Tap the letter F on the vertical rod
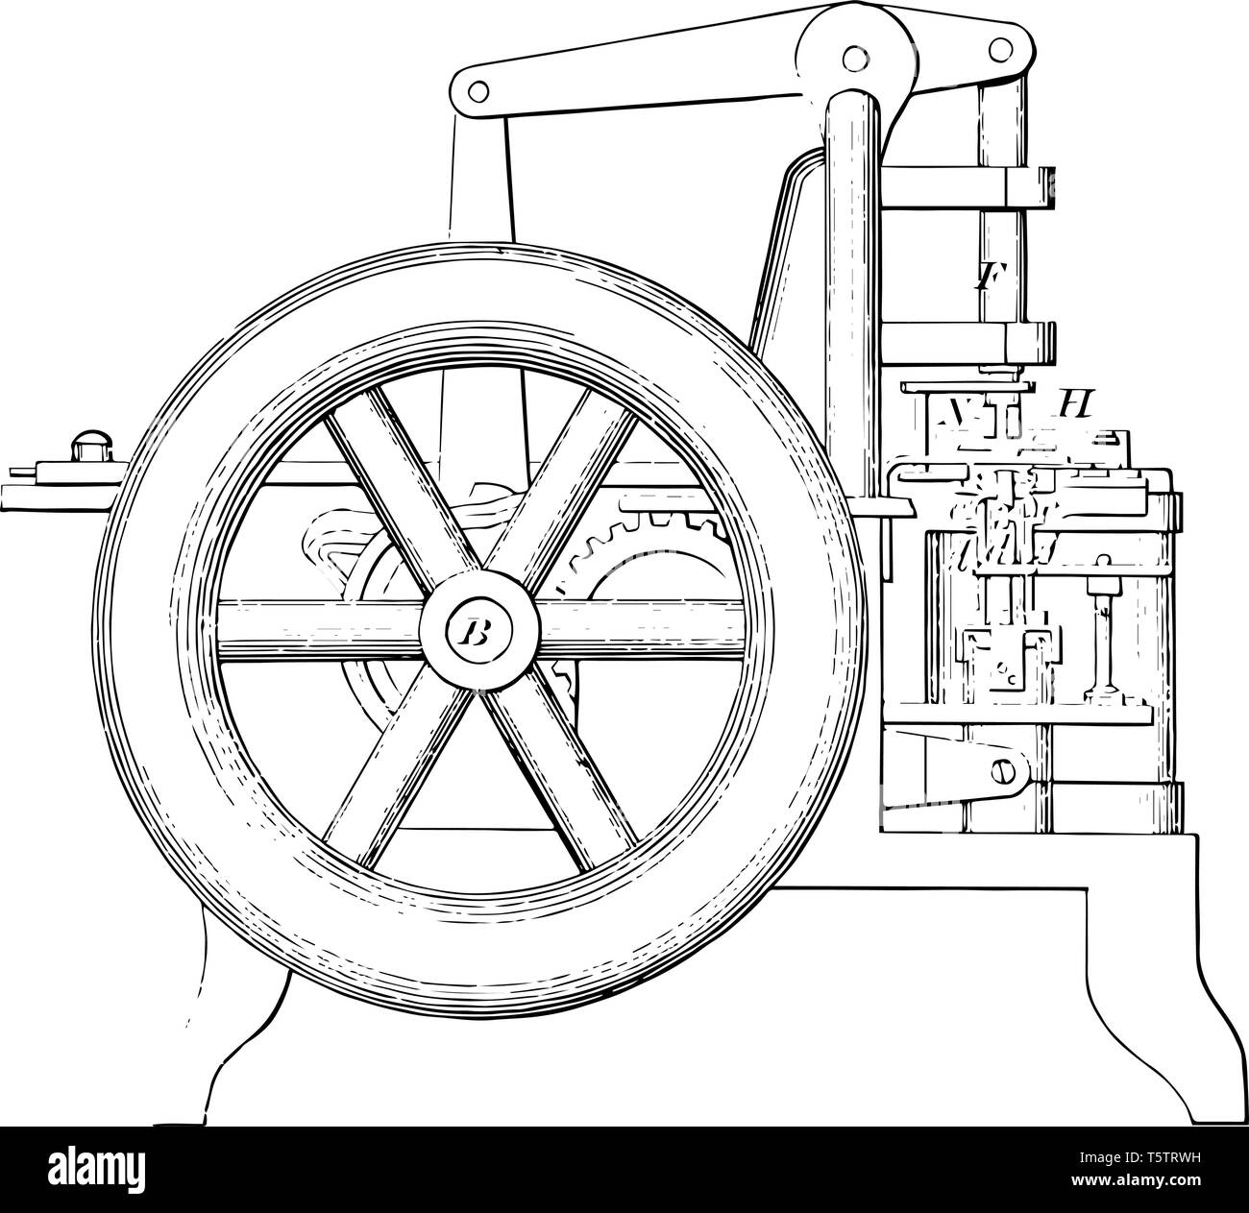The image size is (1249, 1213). pos(983,279)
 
